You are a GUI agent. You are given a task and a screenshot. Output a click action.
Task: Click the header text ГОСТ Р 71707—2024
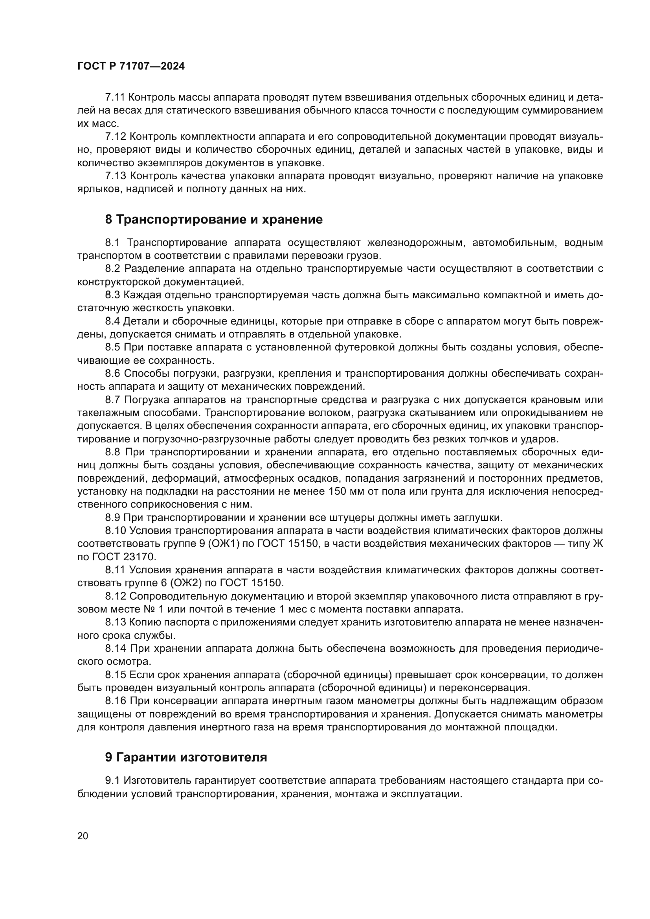[131, 66]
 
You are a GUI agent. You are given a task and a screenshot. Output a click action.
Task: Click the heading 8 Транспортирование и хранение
[214, 219]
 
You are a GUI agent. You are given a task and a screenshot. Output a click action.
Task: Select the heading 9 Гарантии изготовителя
[186, 757]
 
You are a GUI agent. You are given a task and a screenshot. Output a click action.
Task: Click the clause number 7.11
[115, 97]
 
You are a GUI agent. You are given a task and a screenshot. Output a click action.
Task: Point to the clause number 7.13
[115, 176]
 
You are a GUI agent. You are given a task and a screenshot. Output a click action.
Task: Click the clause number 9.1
[112, 781]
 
